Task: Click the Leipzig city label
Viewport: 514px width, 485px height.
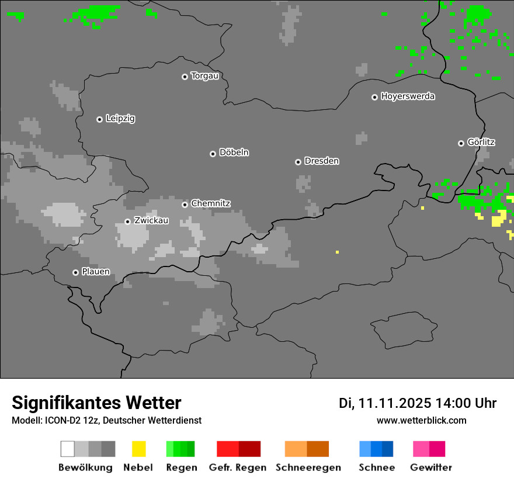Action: click(x=120, y=119)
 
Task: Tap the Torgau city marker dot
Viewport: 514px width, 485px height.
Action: click(x=185, y=77)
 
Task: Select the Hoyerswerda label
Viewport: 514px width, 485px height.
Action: click(x=408, y=96)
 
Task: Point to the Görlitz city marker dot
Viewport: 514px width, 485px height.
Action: click(x=461, y=143)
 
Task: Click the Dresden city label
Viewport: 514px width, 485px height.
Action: click(x=322, y=161)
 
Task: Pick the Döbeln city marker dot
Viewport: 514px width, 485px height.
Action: click(x=213, y=154)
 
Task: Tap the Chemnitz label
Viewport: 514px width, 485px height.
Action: click(x=211, y=203)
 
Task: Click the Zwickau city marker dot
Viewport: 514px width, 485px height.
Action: click(x=127, y=221)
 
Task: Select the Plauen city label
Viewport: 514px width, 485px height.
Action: click(x=96, y=272)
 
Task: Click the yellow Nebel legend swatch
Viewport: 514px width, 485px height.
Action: click(x=138, y=449)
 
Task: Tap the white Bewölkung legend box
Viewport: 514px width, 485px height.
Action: click(x=68, y=449)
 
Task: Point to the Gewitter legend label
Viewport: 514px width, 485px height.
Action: click(x=431, y=467)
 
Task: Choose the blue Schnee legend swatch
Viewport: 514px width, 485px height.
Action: click(x=376, y=449)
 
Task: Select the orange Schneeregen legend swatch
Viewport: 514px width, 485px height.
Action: click(x=307, y=449)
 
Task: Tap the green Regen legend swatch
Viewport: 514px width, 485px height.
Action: click(x=180, y=449)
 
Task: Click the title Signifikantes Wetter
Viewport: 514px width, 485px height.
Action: click(x=96, y=403)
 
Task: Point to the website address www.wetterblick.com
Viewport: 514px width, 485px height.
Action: click(x=422, y=420)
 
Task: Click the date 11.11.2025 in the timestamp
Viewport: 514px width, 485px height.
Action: click(x=395, y=403)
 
